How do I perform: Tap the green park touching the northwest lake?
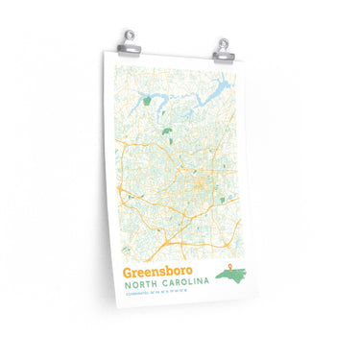[146, 100]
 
